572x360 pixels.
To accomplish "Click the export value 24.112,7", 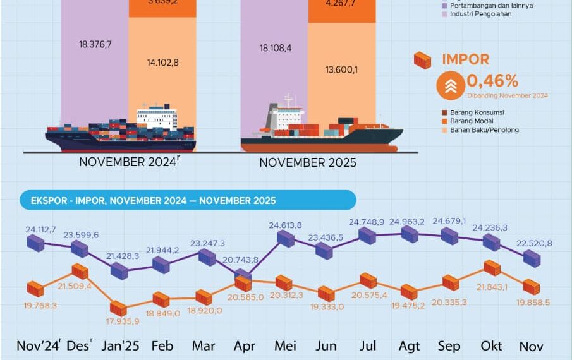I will click(x=40, y=230).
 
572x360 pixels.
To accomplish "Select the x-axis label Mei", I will click(x=286, y=346).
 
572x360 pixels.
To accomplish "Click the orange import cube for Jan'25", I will click(x=118, y=308).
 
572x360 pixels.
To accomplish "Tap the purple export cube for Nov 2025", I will click(x=532, y=258).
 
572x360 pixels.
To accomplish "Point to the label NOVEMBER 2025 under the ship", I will click(x=308, y=163).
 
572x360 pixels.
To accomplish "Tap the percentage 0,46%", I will click(x=492, y=81).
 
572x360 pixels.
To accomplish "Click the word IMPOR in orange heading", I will click(x=466, y=59).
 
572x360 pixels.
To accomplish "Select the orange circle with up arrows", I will click(x=451, y=86).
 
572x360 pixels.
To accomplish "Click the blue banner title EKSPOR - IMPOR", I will click(x=154, y=201).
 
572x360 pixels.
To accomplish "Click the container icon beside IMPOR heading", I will click(x=422, y=61).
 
